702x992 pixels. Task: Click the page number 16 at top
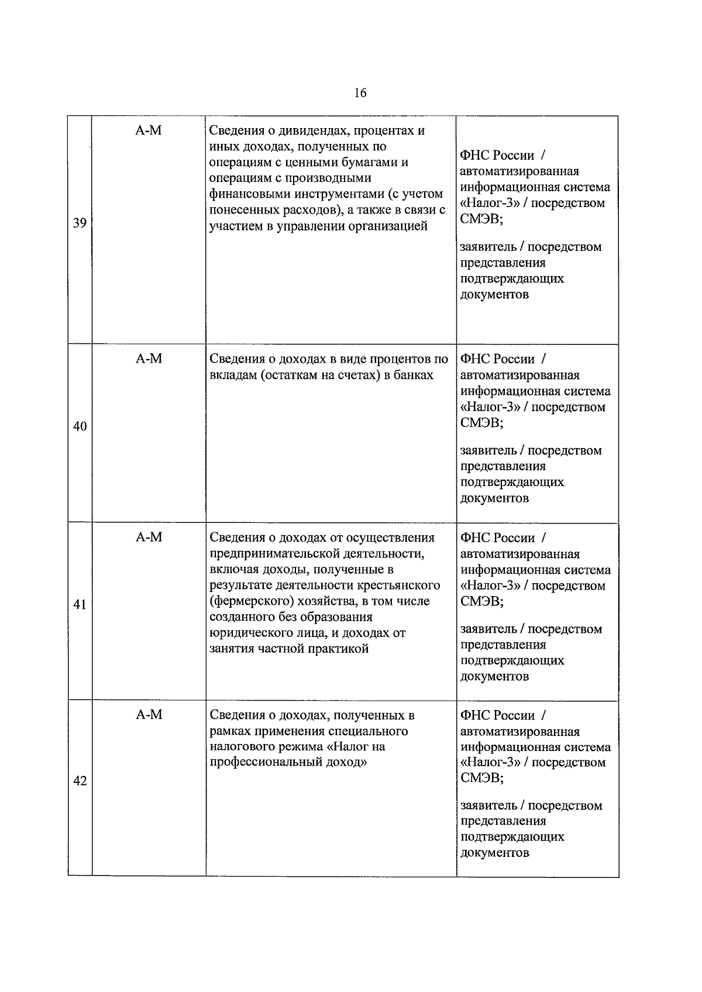click(x=360, y=92)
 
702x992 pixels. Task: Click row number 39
click(x=80, y=223)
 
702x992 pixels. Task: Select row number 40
click(x=80, y=426)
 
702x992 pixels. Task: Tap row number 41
click(x=80, y=605)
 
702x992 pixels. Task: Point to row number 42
click(x=80, y=781)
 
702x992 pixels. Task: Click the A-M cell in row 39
click(x=149, y=131)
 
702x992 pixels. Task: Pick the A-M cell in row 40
click(x=149, y=359)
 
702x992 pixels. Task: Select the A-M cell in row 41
click(x=149, y=538)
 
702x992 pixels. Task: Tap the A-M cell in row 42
click(x=149, y=715)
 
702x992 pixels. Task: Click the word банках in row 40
click(x=413, y=375)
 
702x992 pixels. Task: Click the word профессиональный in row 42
click(x=266, y=763)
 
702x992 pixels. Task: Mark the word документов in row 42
click(x=495, y=852)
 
